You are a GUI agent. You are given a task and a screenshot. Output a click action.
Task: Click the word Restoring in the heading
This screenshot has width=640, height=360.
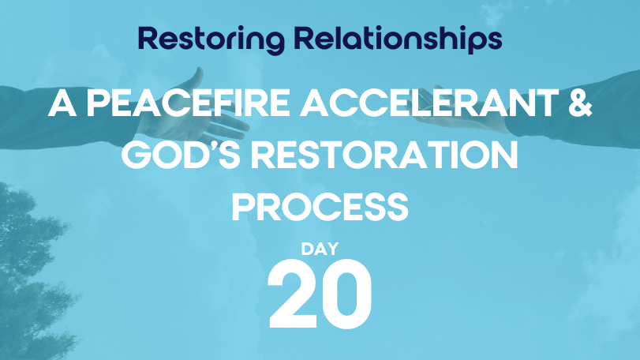[x=211, y=39]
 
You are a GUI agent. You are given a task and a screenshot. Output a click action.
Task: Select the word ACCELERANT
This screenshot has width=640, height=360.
[x=429, y=103]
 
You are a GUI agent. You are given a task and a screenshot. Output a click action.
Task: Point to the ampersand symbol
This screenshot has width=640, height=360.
[x=579, y=103]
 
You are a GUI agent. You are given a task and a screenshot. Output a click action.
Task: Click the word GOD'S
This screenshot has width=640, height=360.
[x=181, y=155]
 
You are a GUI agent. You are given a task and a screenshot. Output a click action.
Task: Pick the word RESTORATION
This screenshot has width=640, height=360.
[x=384, y=155]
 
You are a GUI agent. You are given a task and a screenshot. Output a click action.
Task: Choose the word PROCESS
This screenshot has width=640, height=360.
[x=320, y=208]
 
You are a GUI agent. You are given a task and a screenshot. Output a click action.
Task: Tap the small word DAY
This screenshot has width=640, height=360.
[x=320, y=249]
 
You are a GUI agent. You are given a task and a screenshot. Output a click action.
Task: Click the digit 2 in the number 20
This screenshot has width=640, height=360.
[x=292, y=294]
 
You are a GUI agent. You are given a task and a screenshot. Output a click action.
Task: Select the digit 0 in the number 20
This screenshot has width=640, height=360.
[x=346, y=294]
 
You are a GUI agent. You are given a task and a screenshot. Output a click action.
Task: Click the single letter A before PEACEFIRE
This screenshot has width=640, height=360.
[x=62, y=103]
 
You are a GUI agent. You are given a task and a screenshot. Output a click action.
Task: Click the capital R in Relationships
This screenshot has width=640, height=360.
[x=304, y=39]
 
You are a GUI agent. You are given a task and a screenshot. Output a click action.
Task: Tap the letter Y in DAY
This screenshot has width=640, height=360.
[x=332, y=249]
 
